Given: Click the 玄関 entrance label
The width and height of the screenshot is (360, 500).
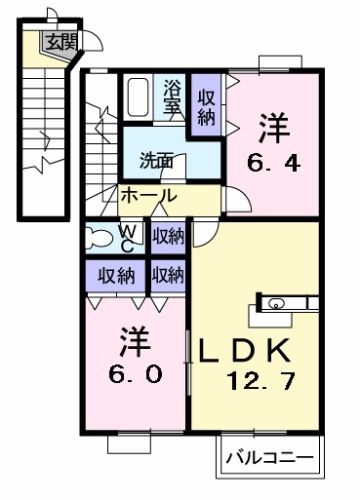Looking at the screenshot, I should pos(59,41).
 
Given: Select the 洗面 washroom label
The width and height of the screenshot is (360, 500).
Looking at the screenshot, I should pos(156,160).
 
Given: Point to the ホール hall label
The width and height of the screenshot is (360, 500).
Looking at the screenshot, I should pos(148,196).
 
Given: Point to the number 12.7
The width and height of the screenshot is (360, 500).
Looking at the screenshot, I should pos(258,382).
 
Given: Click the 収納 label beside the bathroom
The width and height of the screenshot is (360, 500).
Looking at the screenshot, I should pos(206,107).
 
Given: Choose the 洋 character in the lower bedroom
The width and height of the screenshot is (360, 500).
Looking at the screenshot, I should pos(135,343).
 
